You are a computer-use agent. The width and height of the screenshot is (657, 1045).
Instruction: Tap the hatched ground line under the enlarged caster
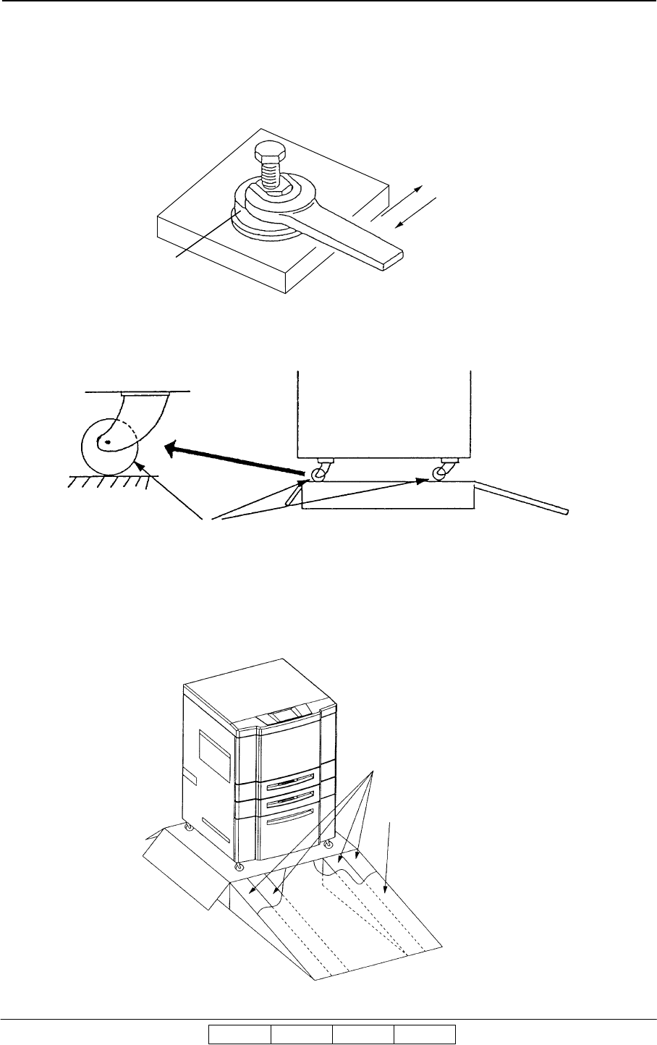109,480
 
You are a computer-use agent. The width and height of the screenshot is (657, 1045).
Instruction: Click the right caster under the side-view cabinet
439,473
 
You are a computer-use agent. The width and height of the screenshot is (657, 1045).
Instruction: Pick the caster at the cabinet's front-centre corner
240,866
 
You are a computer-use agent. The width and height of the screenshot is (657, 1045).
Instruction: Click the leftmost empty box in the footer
240,1035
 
